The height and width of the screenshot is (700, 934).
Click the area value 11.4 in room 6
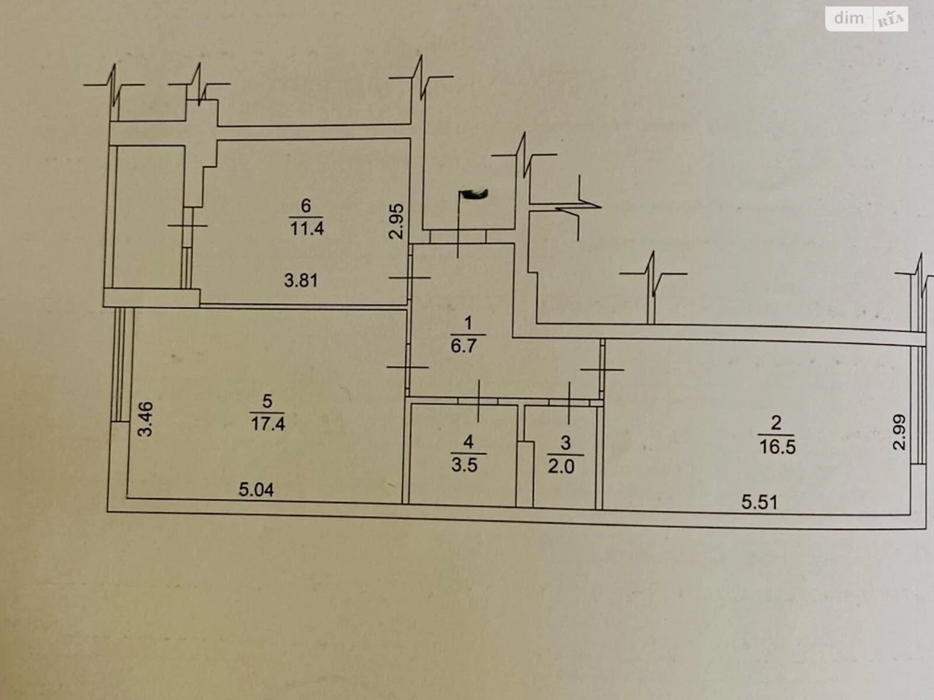pyautogui.click(x=306, y=229)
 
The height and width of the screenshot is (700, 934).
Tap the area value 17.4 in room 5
pyautogui.click(x=268, y=424)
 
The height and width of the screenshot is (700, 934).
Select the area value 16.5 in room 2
pyautogui.click(x=777, y=447)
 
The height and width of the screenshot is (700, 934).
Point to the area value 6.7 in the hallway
pyautogui.click(x=464, y=346)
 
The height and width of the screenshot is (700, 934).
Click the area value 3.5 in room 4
pyautogui.click(x=465, y=465)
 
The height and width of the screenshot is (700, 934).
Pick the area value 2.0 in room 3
pyautogui.click(x=561, y=466)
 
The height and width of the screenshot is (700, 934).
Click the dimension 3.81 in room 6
pyautogui.click(x=301, y=281)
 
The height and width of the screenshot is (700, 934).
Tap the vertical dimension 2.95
pyautogui.click(x=396, y=222)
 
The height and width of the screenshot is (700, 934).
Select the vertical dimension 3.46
pyautogui.click(x=145, y=419)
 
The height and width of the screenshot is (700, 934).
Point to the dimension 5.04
pyautogui.click(x=256, y=489)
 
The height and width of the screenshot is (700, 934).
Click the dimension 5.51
pyautogui.click(x=760, y=502)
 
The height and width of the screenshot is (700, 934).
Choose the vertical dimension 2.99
pyautogui.click(x=899, y=432)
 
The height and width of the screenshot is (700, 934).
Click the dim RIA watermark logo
pyautogui.click(x=867, y=19)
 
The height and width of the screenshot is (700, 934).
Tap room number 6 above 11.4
pyautogui.click(x=306, y=206)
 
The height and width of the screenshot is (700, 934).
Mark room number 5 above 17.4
pyautogui.click(x=267, y=401)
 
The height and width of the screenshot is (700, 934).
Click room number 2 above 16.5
pyautogui.click(x=776, y=423)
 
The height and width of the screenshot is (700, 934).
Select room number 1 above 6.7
pyautogui.click(x=468, y=324)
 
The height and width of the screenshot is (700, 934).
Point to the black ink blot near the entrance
pyautogui.click(x=474, y=194)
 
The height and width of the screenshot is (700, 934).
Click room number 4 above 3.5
pyautogui.click(x=468, y=442)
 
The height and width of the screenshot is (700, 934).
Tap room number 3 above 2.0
pyautogui.click(x=566, y=443)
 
